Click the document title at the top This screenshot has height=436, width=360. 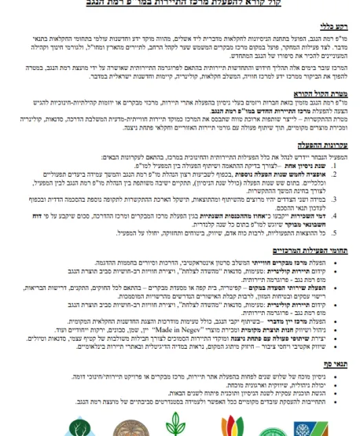180,5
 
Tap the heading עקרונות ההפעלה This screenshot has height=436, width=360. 329,167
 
